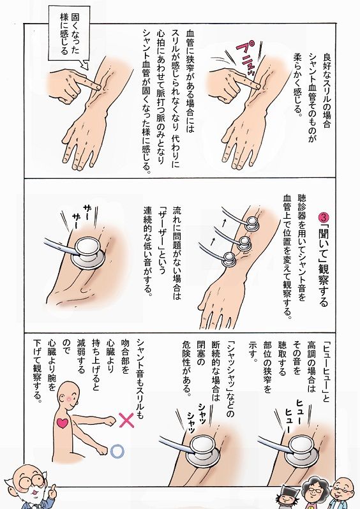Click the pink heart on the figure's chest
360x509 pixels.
pos(63,423)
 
